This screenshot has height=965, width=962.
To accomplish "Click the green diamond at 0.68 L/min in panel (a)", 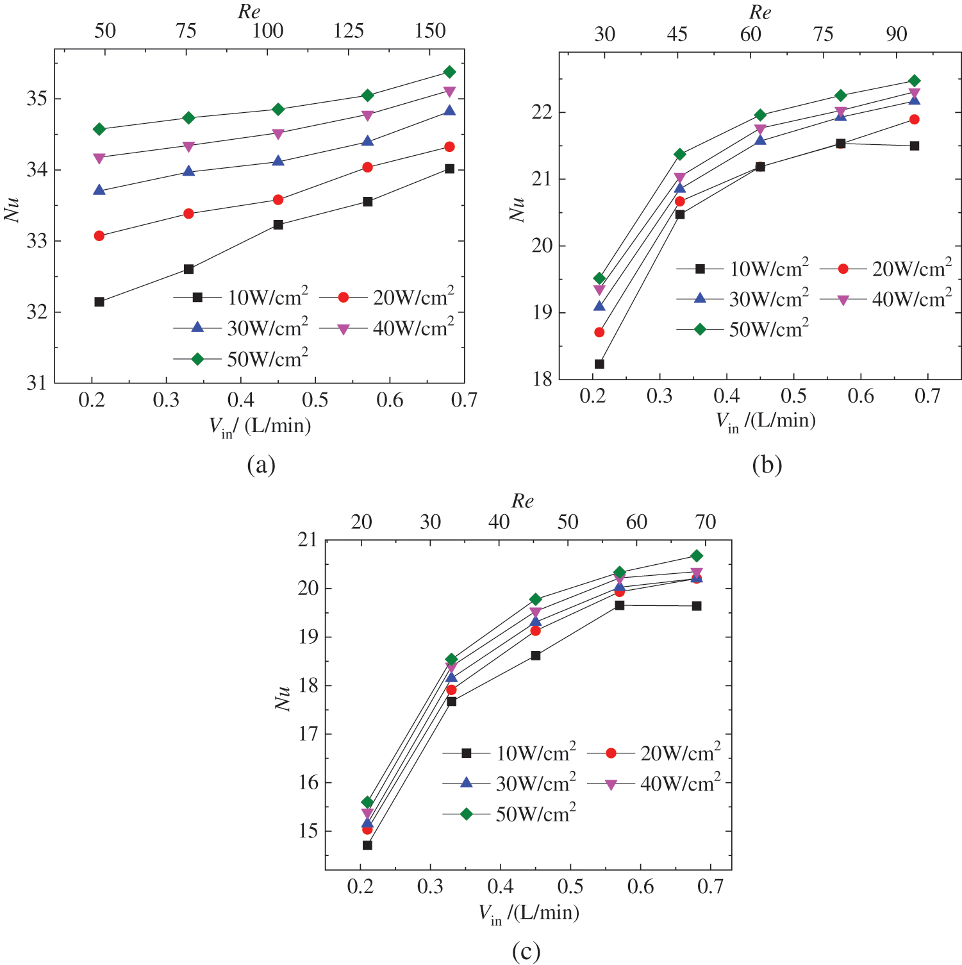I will pos(449,72).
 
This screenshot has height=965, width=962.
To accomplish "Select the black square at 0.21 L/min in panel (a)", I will pos(99,301).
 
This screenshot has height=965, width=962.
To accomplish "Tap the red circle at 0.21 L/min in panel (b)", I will pos(599,332).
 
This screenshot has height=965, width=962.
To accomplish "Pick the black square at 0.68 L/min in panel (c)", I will pos(697,606).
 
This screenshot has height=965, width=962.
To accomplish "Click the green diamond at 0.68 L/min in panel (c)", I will pos(697,556).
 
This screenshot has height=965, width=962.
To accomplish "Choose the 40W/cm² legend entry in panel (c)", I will pos(654,784).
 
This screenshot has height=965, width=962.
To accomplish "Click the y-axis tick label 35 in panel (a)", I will pos(37,99).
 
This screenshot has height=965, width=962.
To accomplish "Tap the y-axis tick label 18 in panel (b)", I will pos(542,380).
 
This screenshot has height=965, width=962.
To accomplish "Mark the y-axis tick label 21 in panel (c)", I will pos(308,540).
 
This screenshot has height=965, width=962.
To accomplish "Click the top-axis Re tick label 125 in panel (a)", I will pos(349,31).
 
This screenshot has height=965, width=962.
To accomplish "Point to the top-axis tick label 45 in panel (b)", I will pos(677,34).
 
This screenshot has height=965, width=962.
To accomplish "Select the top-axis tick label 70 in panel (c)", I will pos(706,522).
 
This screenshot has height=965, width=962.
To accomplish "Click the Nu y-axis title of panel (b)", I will pos(517,208).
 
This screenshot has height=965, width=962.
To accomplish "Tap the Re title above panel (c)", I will pos(522,501).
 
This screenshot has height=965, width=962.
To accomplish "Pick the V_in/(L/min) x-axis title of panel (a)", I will pos(260,426).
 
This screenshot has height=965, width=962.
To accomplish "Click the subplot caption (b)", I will pos(767,464).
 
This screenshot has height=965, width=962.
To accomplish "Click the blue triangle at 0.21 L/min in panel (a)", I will pos(99,190).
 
